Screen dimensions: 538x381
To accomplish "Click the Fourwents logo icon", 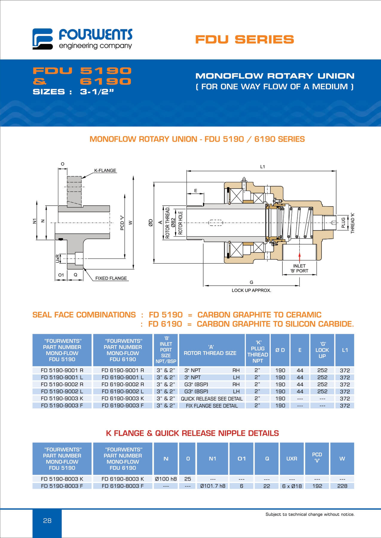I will coord(42,39).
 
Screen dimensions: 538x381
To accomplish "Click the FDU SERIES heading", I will coord(244,39).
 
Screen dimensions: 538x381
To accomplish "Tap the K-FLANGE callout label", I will coord(105,171).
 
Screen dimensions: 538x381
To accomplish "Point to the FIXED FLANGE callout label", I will coord(111,278).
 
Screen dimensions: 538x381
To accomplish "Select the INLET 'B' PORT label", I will coord(299,268).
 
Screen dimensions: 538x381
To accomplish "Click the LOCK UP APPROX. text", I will coord(251,291).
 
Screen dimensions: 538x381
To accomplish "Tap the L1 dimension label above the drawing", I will coord(262,167).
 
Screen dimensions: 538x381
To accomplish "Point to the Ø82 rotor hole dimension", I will coord(173,223).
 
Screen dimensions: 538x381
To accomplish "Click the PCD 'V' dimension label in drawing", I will coord(122,223).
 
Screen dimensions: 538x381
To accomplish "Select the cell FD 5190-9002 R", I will coord(62,384).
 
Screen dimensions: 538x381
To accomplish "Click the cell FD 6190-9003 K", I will coord(123,398).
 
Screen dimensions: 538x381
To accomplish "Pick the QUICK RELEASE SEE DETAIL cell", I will coord(212,399).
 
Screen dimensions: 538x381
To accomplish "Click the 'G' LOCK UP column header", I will coord(322,350).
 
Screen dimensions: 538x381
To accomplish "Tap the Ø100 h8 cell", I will coord(166,479).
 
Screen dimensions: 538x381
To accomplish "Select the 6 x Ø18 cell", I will coord(292,486).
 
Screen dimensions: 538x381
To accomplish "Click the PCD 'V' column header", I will coord(317,457).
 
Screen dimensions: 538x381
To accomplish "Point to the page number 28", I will coord(47,521).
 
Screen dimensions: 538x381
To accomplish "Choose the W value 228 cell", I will coord(342,486).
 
